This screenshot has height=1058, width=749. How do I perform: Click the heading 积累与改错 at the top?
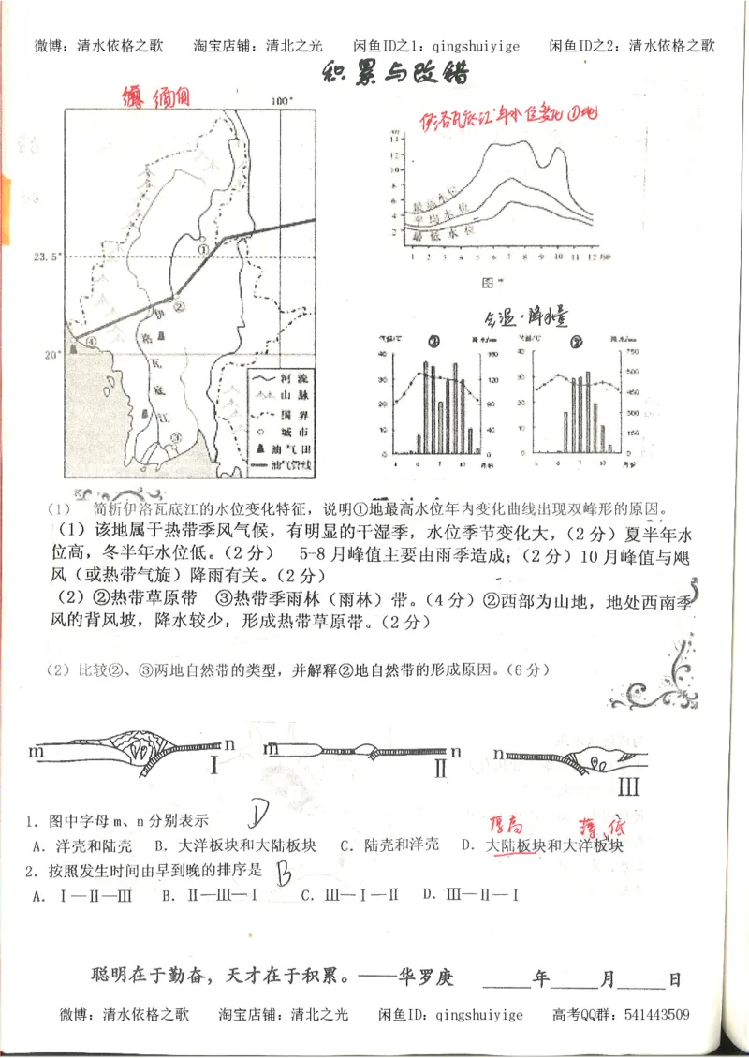(x=394, y=74)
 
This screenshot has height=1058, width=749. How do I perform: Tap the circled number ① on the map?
(x=203, y=250)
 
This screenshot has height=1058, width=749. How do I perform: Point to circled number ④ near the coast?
(x=91, y=342)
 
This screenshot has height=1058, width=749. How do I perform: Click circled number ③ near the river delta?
(x=175, y=436)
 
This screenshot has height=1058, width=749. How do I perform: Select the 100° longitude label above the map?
(x=282, y=101)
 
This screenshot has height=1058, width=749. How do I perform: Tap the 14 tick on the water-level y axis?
(x=396, y=139)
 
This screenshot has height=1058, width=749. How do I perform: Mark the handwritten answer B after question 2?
(x=282, y=873)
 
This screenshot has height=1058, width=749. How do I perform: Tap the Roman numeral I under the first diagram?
(x=214, y=766)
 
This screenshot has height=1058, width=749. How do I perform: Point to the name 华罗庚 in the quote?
(x=429, y=978)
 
